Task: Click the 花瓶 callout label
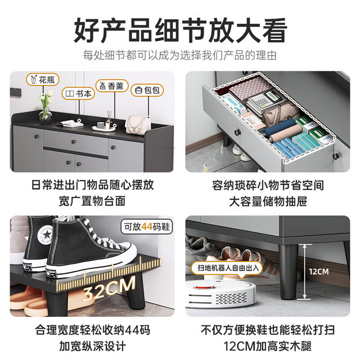tap(43, 80)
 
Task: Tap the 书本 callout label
tap(78, 93)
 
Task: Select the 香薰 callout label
tap(112, 86)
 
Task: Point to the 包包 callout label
tap(147, 90)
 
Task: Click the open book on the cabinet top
tap(70, 124)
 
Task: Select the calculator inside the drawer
tap(266, 101)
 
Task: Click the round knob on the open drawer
tap(237, 132)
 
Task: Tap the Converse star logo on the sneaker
tap(47, 235)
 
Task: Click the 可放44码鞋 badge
tap(147, 227)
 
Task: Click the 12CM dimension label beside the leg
tap(319, 272)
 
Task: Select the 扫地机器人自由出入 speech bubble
tap(227, 268)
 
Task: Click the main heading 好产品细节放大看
tap(180, 31)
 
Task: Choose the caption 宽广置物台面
tap(92, 201)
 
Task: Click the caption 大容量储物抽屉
tap(268, 201)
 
